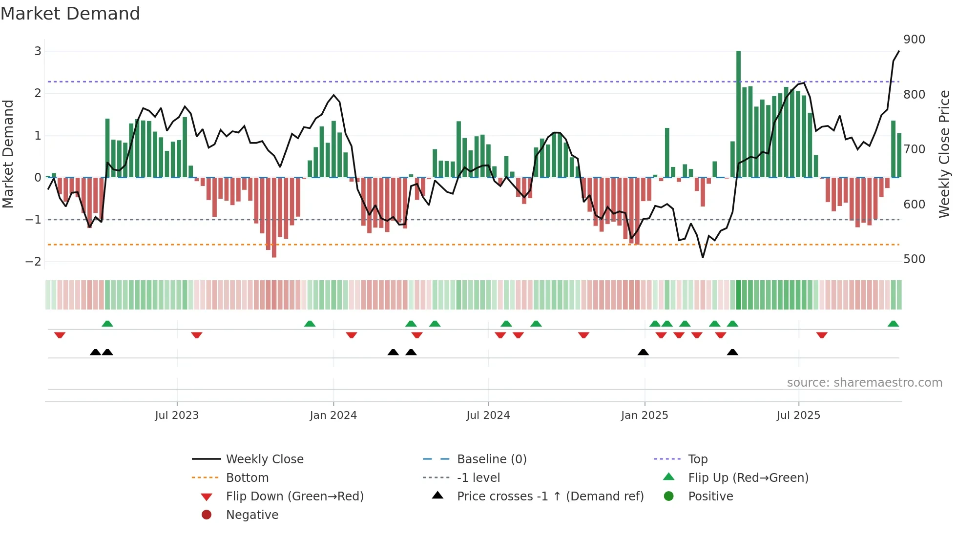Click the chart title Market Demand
coord(70,14)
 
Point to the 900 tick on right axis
coord(914,40)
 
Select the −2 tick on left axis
coord(33,262)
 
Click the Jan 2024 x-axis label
coord(333,415)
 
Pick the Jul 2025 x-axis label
coord(798,415)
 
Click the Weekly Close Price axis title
coord(944,154)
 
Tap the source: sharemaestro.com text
coord(864,383)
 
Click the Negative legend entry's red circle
coord(207,515)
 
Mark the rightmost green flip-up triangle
coord(893,324)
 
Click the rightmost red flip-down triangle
coord(822,335)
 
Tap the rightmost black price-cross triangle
coord(732,352)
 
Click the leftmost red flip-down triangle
coord(60,335)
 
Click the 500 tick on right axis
coord(914,259)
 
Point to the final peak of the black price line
coord(899,51)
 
